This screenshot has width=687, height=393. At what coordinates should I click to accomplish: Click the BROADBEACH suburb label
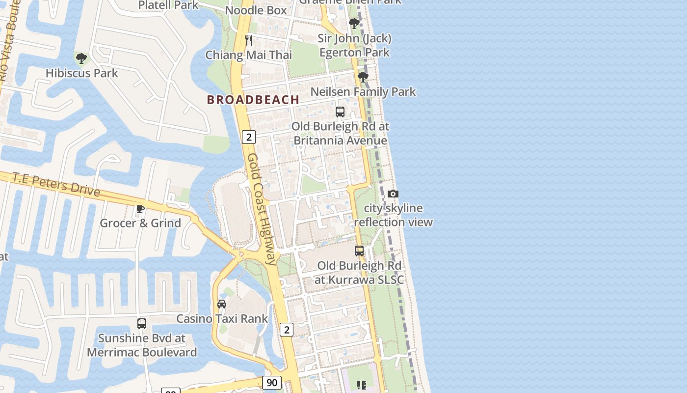tap(253, 100)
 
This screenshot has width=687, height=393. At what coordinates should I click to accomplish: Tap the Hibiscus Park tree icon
tap(81, 58)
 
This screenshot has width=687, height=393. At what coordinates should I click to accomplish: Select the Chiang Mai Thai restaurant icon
tap(249, 40)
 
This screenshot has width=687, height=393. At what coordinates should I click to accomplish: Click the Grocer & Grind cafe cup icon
tap(140, 209)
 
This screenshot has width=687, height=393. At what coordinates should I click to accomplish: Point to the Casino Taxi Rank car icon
tap(222, 304)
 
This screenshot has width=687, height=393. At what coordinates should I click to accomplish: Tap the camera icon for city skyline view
tap(393, 194)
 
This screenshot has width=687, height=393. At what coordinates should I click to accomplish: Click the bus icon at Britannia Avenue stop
tap(340, 112)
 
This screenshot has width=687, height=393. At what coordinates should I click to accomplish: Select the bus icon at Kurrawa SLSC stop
tap(359, 251)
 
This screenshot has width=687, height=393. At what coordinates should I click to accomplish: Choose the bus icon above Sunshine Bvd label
tap(142, 324)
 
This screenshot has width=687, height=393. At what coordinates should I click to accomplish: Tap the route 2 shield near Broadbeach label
tap(249, 137)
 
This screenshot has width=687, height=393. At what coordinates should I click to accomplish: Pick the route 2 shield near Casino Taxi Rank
tap(287, 329)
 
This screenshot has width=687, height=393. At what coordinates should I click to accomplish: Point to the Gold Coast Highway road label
tap(262, 209)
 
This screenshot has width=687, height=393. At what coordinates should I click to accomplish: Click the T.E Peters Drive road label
tap(56, 184)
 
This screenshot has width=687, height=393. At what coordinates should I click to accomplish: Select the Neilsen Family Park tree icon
tap(363, 77)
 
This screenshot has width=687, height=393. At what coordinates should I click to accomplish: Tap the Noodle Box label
tap(256, 10)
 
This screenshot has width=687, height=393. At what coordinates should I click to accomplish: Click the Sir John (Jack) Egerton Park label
tap(354, 45)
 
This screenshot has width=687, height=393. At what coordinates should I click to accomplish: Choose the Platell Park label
tap(168, 5)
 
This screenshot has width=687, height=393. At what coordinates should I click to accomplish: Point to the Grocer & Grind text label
tap(140, 223)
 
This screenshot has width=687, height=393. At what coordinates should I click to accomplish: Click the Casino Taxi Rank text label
tap(222, 318)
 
